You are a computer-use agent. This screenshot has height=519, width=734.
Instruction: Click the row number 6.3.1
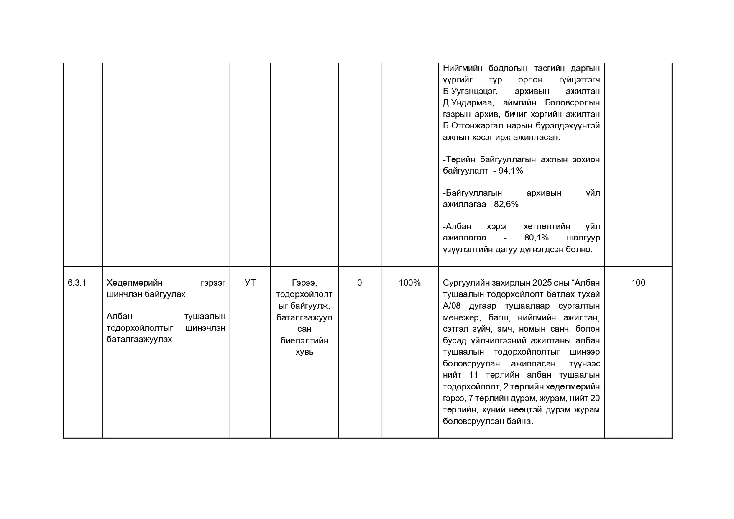pyautogui.click(x=77, y=283)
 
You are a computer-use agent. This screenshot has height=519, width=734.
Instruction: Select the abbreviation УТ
pyautogui.click(x=250, y=283)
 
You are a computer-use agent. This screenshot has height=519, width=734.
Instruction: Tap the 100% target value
pyautogui.click(x=409, y=283)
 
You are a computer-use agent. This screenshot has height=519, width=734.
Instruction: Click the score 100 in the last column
pyautogui.click(x=638, y=283)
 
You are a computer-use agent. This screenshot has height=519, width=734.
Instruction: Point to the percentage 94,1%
pyautogui.click(x=511, y=171)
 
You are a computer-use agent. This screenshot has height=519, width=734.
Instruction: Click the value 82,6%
pyautogui.click(x=506, y=204)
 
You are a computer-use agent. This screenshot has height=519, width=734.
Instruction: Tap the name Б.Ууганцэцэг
pyautogui.click(x=470, y=91)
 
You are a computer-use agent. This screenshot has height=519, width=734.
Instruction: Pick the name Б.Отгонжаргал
pyautogui.click(x=473, y=125)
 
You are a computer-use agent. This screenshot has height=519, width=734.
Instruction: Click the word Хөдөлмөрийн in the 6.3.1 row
pyautogui.click(x=135, y=283)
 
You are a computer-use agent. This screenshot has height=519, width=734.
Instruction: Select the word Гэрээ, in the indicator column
pyautogui.click(x=304, y=283)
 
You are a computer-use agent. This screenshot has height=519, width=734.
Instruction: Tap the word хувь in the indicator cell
pyautogui.click(x=304, y=352)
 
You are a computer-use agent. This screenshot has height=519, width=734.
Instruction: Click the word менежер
pyautogui.click(x=461, y=317)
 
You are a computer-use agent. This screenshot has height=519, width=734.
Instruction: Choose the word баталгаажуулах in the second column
pyautogui.click(x=139, y=339)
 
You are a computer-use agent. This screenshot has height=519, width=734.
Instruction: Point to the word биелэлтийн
pyautogui.click(x=304, y=340)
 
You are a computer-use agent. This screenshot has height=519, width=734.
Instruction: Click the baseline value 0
pyautogui.click(x=359, y=283)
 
